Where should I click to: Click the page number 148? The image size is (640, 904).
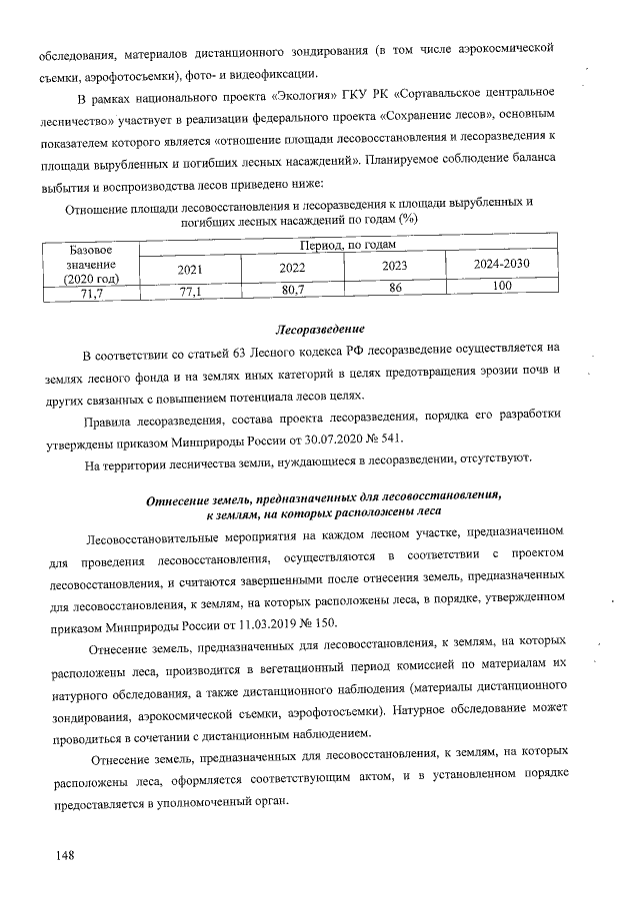click(68, 856)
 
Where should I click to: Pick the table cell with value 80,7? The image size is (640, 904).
click(293, 290)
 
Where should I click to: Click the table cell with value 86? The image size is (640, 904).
click(395, 287)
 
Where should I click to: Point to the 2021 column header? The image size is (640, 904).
click(190, 269)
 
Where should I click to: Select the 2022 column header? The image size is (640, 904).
click(293, 268)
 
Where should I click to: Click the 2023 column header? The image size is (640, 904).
click(395, 266)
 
